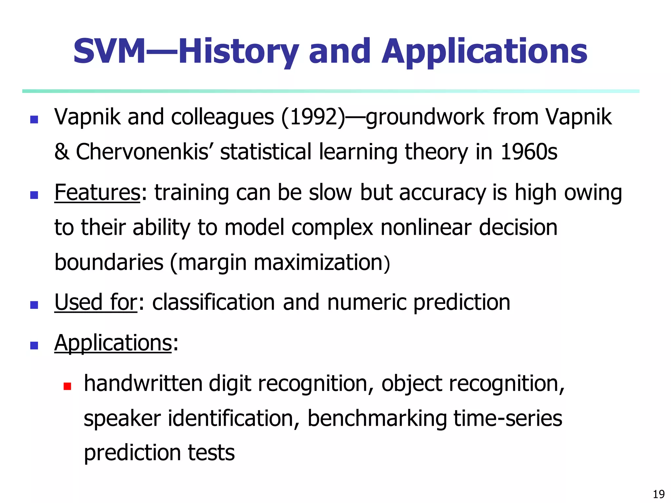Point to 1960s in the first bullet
point(529,152)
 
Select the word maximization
point(318,263)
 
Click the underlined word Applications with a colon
point(113,343)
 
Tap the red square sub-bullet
point(67,386)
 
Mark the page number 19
point(659,494)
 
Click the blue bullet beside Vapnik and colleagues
point(34,119)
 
